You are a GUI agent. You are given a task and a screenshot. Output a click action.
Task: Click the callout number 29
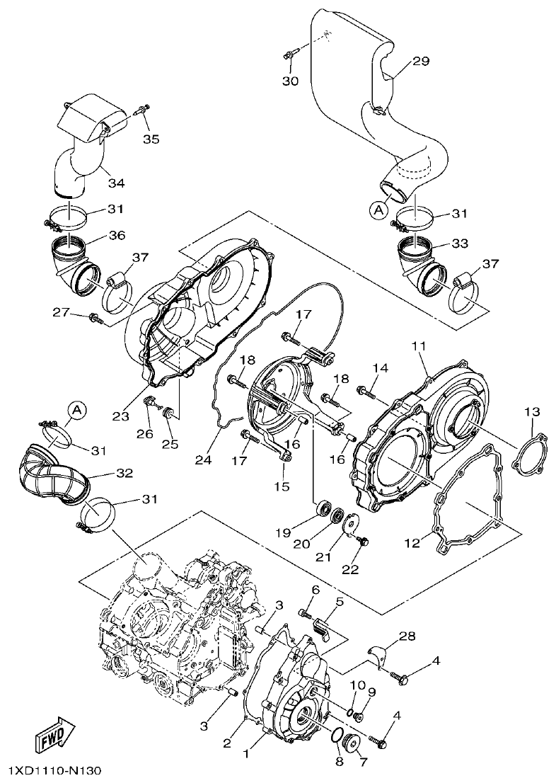[x=421, y=62]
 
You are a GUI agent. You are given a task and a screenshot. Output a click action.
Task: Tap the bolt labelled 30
[x=291, y=54]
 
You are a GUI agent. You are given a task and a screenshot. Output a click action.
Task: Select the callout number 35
[x=151, y=138]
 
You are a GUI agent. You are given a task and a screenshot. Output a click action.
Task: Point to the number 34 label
[x=116, y=183]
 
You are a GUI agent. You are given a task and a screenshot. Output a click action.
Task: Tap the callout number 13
[x=532, y=411]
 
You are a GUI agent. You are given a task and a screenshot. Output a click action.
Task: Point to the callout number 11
[x=417, y=346]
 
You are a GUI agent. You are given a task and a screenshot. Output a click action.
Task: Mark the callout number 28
[x=406, y=637]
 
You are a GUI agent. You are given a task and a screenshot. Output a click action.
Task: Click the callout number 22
[x=351, y=569]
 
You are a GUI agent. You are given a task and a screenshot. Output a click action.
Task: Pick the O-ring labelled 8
[x=338, y=736]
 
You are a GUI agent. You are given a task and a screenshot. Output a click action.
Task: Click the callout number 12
[x=432, y=542]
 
